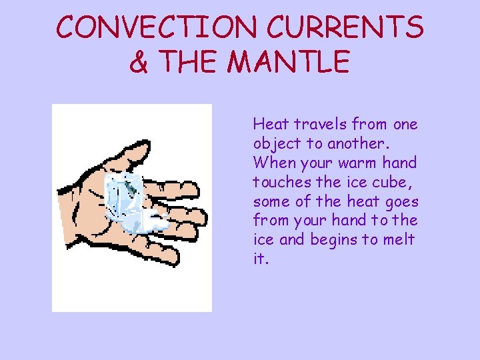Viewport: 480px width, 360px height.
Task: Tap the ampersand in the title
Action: point(138,63)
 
